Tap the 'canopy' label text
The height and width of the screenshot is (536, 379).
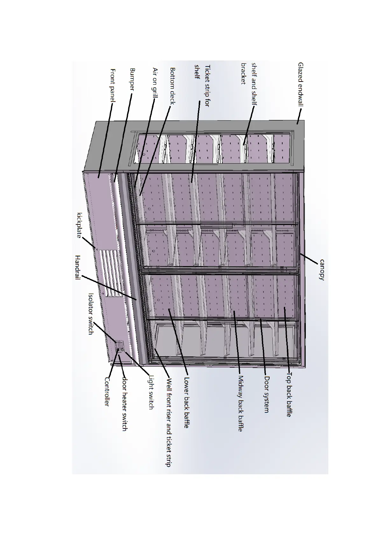322,270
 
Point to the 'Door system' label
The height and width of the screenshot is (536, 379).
267,395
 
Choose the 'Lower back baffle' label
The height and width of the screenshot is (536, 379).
187,403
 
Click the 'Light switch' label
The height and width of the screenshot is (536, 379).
151,392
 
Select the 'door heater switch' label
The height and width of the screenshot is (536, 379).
125,404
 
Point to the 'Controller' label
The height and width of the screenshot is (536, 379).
107,392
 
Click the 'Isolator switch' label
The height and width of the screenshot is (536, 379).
91,314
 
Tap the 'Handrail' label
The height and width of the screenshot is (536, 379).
78,267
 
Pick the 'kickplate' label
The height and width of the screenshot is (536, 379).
79,225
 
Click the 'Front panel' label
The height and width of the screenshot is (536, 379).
113,85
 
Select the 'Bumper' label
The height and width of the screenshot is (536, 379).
133,79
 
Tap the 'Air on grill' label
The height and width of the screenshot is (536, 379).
155,83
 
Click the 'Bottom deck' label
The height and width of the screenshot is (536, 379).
173,86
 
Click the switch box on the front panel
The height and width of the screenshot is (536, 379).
119,346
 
